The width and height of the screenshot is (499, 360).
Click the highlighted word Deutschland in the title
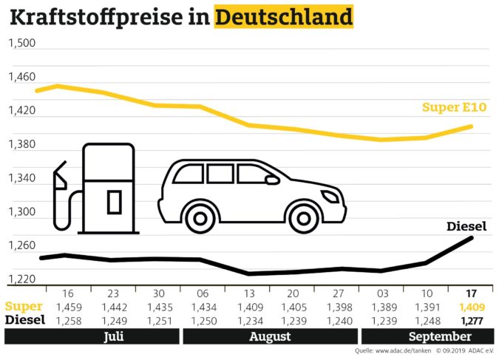click(283, 16)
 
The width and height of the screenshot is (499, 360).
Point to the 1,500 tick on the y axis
click(21, 43)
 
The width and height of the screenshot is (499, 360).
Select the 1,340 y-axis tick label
click(21, 178)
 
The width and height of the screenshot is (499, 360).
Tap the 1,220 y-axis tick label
click(21, 279)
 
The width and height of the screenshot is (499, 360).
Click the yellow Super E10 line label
click(452, 108)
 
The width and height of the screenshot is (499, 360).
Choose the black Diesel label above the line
click(466, 225)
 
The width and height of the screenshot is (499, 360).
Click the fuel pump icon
click(96, 189)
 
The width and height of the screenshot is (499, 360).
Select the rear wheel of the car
click(198, 217)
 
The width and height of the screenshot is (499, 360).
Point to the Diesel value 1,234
click(249, 320)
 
